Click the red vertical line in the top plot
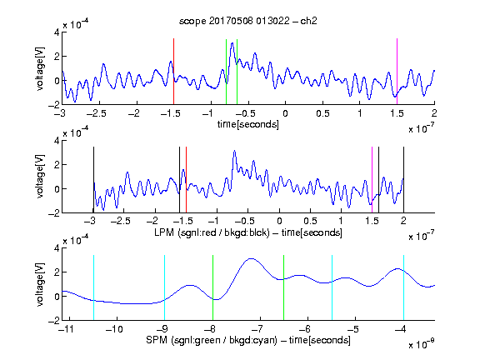173,72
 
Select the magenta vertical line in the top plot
397,72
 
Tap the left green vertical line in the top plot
226,72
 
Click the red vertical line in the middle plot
186,180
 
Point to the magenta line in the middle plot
372,180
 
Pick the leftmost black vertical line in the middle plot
93,180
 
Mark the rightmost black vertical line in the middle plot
403,180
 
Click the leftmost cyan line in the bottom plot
93,287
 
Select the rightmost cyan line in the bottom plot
403,287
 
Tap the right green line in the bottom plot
284,287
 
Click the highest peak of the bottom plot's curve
251,258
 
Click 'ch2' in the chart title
308,21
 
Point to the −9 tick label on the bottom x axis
162,329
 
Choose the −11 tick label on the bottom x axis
66,329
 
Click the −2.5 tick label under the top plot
97,113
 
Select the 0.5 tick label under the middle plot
310,222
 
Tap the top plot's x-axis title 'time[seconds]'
248,124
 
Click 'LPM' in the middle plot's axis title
164,232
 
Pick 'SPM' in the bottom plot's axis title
157,340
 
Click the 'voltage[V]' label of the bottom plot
40,284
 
